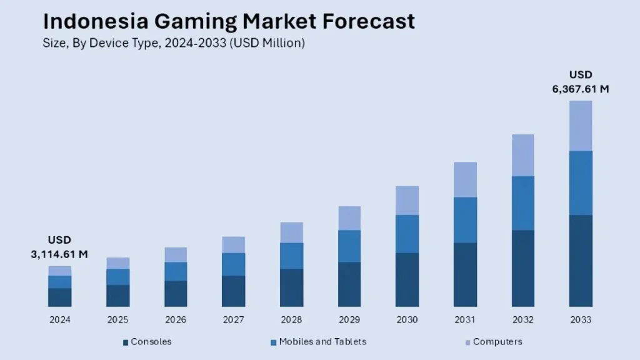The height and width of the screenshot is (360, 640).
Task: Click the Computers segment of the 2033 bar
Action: coord(581,126)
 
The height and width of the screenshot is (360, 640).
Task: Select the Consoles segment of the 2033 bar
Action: coord(581,261)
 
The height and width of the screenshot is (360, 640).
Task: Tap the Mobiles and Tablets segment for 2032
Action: coord(523,203)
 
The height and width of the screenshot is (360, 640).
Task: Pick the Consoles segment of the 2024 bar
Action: coord(60,297)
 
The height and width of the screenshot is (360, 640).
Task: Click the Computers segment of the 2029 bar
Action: coord(349,218)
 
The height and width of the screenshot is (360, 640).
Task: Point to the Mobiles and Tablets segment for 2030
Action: coord(407,234)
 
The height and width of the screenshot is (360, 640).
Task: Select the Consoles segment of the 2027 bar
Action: coord(234,291)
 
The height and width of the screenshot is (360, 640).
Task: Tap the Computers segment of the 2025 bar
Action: coord(117,263)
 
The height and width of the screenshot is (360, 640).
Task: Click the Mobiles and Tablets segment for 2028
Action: coord(291,256)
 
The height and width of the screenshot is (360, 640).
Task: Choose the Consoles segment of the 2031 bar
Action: coord(465,274)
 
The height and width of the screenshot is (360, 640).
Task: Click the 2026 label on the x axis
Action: coord(176,320)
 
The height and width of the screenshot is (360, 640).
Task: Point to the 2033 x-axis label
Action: coord(581,320)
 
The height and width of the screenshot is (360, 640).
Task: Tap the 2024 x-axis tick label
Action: coord(60,320)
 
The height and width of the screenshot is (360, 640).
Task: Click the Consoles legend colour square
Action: coord(126,342)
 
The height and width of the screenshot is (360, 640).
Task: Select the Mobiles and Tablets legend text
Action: coord(322,342)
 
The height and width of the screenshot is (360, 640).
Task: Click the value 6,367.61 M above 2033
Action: coord(581,89)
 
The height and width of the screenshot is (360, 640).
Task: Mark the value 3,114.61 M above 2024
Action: coord(59,254)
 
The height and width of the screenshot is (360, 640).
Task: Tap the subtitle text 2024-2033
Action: coord(196,44)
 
